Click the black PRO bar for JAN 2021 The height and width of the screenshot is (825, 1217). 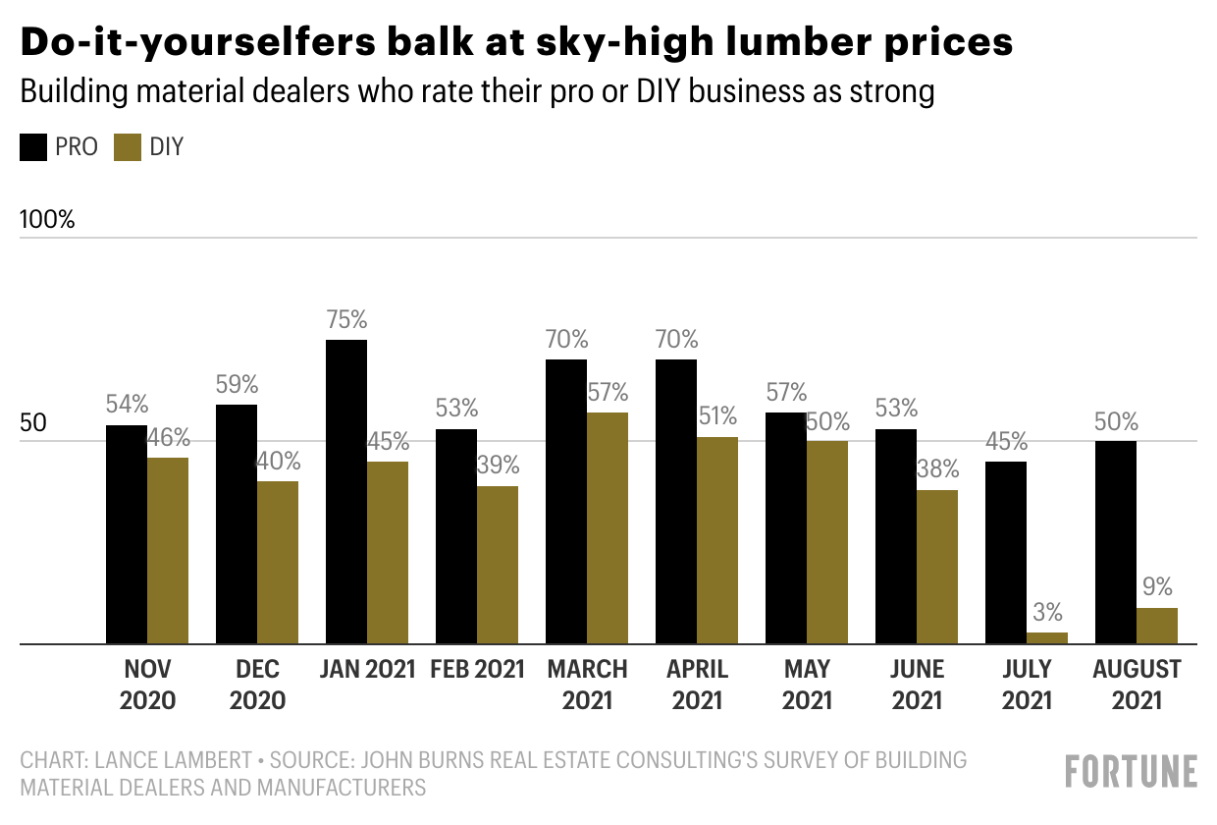346,491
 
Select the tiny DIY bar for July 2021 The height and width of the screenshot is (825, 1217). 1047,637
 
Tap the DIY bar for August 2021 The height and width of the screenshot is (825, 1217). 1157,626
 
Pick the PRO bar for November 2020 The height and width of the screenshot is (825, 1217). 127,534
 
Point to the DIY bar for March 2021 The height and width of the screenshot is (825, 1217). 608,527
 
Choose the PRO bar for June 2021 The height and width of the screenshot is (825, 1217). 896,536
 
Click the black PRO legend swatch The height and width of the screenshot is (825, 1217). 33,147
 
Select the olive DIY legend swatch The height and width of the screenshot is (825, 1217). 128,147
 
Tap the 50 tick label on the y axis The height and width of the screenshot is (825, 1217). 33,423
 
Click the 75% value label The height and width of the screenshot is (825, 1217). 346,319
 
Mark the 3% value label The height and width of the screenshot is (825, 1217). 1047,612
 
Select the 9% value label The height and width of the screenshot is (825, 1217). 1157,587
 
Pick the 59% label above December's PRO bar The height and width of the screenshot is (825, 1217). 237,384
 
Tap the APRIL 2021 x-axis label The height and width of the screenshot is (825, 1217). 697,684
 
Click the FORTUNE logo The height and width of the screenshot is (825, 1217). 1132,771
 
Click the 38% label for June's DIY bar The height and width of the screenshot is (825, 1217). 937,468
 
